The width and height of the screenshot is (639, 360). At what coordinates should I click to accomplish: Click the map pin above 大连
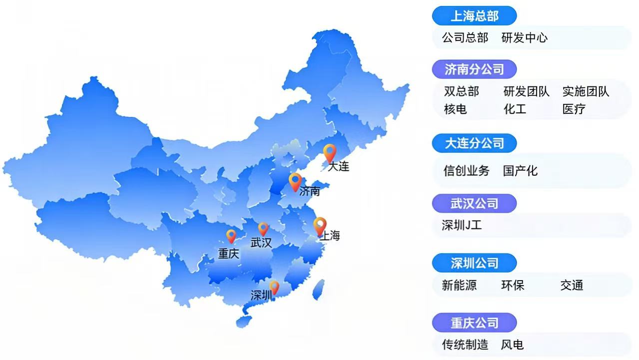(x=329, y=152)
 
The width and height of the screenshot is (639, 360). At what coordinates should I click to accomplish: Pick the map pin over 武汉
(x=263, y=229)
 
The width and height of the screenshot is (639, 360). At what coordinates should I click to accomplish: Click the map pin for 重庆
(x=231, y=236)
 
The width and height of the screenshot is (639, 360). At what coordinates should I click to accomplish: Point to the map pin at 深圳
(x=274, y=287)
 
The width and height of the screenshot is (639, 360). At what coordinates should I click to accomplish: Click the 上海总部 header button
(x=474, y=16)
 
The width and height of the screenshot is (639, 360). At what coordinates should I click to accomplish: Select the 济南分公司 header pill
(x=474, y=69)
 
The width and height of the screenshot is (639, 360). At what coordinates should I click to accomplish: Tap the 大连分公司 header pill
(x=474, y=143)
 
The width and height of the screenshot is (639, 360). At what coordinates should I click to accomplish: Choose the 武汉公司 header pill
(x=474, y=204)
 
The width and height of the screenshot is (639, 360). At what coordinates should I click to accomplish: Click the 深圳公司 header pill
(x=474, y=263)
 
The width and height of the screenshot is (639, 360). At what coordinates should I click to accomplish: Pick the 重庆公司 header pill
(x=474, y=323)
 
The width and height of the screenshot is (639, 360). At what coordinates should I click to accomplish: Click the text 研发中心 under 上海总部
(x=524, y=38)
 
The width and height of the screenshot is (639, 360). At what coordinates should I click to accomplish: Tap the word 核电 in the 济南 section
(x=455, y=109)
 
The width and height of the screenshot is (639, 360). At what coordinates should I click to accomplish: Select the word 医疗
(x=574, y=109)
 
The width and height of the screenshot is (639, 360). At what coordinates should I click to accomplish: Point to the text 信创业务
(x=466, y=171)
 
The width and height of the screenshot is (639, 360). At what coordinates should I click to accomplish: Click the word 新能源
(x=459, y=286)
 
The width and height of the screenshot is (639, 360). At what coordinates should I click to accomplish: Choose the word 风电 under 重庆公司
(x=512, y=345)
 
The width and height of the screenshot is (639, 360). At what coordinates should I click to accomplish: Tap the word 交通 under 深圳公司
(x=572, y=286)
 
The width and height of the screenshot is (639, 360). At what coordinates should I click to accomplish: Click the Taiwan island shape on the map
(x=318, y=290)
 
